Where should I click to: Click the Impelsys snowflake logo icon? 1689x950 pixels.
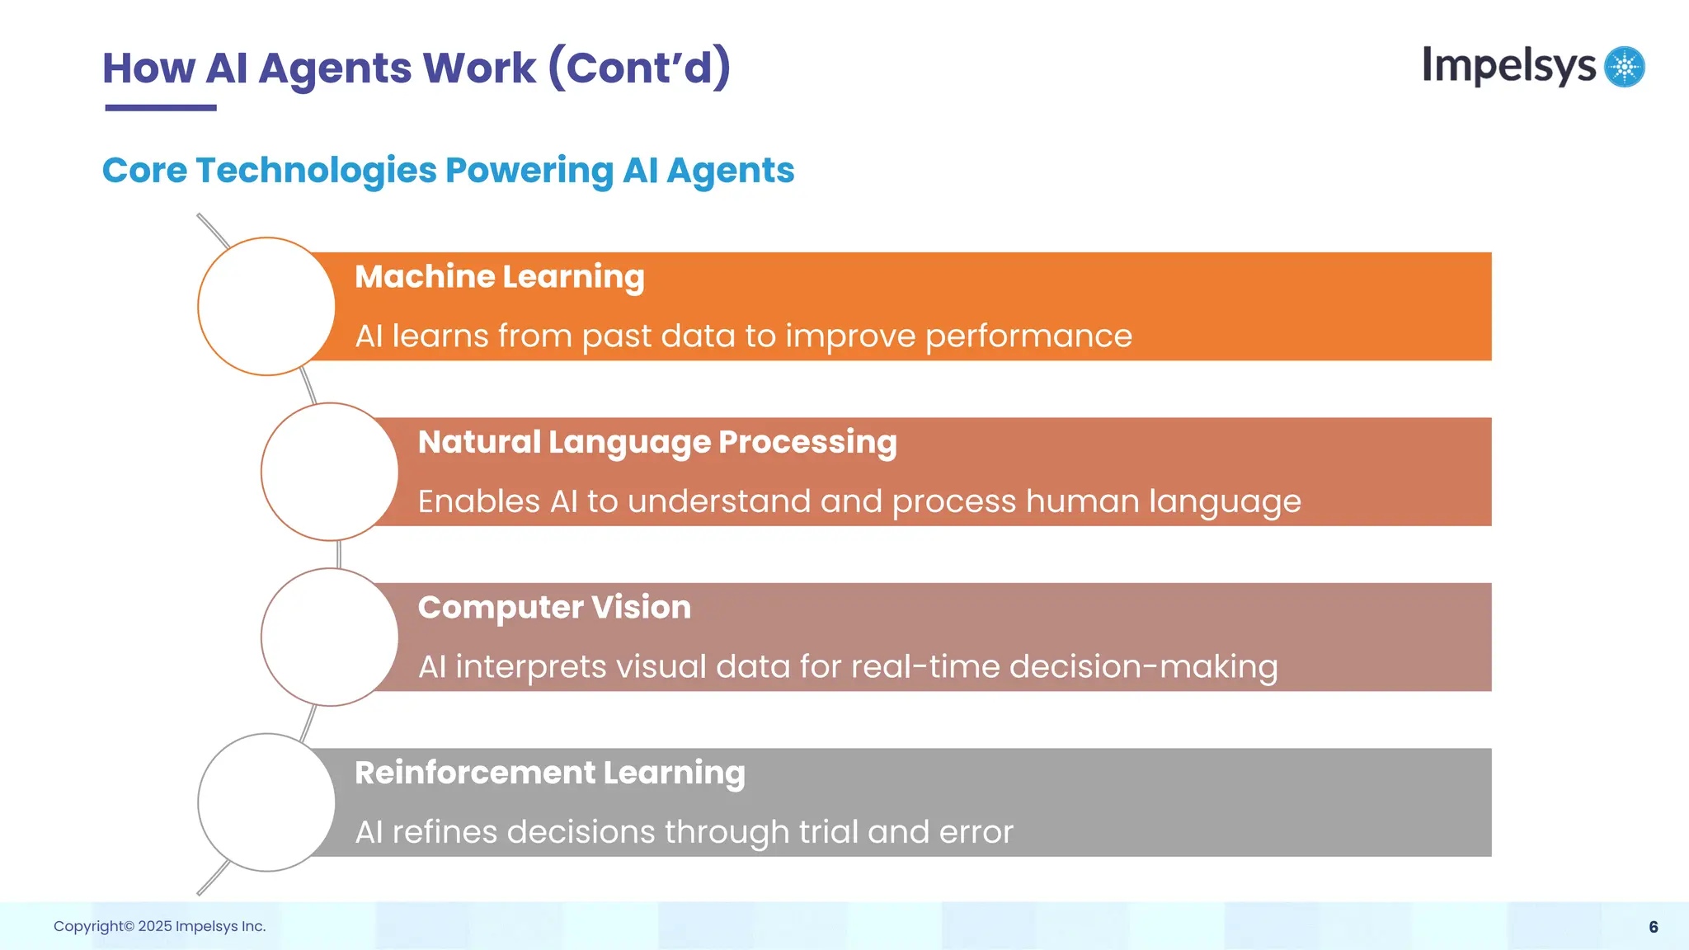1625,67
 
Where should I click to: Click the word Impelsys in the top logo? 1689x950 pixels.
1508,66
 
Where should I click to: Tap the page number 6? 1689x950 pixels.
1653,927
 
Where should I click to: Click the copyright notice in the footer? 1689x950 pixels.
159,926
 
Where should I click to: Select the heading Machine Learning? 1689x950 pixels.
499,277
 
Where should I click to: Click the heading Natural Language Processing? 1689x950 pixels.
656,443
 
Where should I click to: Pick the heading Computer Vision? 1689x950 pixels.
554,608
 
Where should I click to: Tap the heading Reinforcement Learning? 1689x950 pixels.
549,774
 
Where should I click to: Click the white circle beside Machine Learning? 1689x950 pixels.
266,307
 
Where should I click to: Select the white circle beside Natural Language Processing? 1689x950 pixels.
330,472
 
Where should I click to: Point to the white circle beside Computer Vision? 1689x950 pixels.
330,637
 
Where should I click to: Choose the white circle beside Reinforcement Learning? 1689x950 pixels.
266,802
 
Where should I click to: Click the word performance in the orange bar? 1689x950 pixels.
1028,337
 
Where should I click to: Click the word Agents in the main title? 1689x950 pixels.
334,69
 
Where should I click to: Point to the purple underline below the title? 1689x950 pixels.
161,107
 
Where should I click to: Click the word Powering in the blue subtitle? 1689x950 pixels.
529,171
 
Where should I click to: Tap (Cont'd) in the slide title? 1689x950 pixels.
639,68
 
